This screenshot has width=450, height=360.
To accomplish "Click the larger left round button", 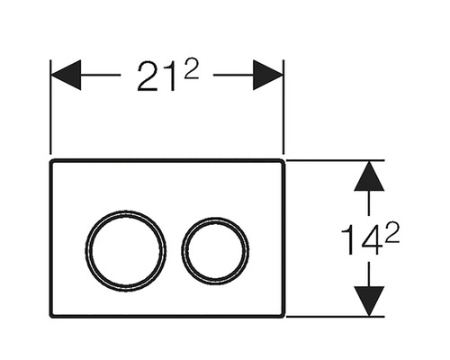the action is coord(126,249).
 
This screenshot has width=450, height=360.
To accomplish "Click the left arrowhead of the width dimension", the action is coord(66,76).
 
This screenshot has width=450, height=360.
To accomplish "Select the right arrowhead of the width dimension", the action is coord(268,76).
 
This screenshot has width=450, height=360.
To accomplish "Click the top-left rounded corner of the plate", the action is coord(53,164).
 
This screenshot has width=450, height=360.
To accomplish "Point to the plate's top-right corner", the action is coord(282,164).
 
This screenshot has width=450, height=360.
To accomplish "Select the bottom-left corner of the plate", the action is coord(53,314).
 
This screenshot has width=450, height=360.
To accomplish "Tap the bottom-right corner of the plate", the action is coord(282,314).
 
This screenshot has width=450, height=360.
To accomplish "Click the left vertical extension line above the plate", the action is coord(50,117).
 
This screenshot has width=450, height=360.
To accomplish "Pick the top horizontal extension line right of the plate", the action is coord(333,161).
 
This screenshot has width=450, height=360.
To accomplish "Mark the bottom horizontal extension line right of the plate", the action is coord(333,317).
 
